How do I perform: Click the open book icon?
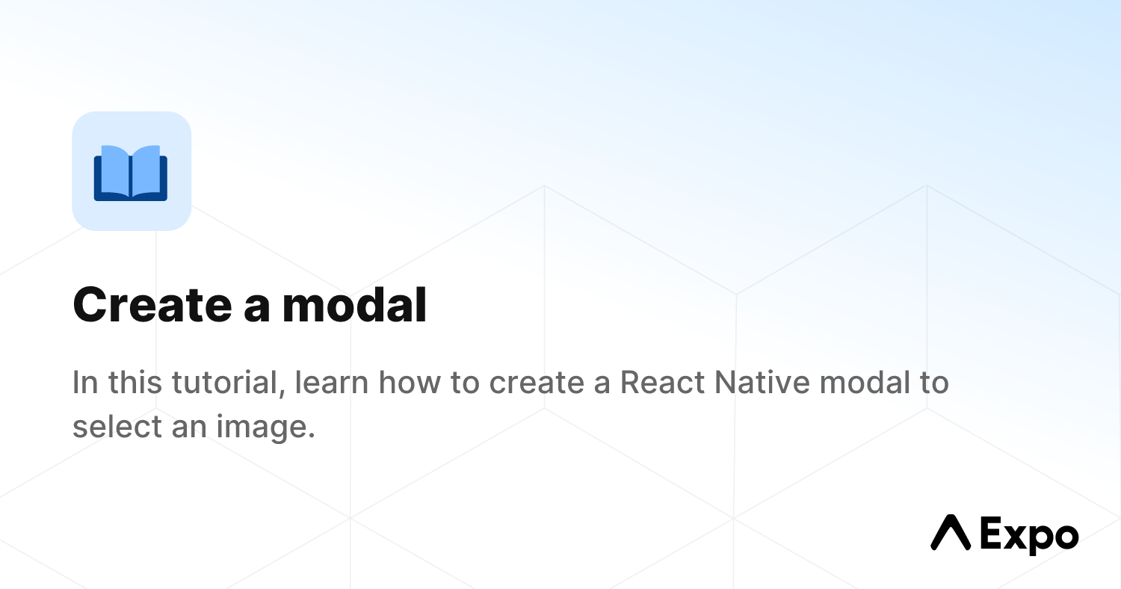(x=131, y=172)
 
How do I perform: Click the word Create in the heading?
(x=151, y=305)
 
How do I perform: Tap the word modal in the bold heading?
(x=354, y=305)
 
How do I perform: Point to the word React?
(x=662, y=383)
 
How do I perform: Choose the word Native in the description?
(x=762, y=383)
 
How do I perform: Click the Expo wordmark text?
(x=1029, y=535)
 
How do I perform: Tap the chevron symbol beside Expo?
(x=950, y=533)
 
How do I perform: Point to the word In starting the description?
(x=84, y=383)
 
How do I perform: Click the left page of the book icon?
(x=114, y=170)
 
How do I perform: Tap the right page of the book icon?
(x=147, y=170)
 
